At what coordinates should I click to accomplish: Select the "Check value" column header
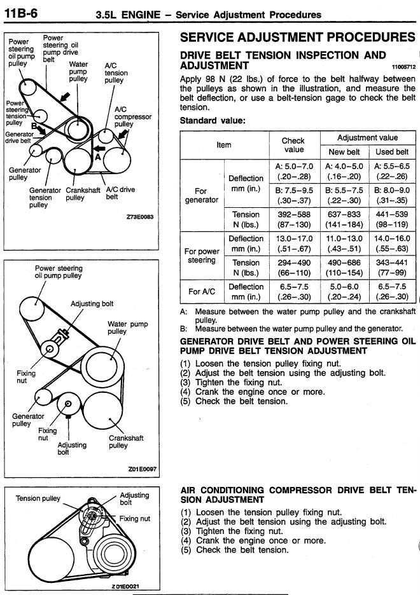[293, 145]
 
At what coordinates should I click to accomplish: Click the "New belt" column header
[344, 152]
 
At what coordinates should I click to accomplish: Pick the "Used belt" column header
[392, 152]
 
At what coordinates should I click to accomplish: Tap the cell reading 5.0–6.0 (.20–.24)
[344, 291]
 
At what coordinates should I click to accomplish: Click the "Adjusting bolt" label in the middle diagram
[92, 304]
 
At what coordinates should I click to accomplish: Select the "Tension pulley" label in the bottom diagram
[38, 498]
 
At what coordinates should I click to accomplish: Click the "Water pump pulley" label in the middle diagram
[127, 327]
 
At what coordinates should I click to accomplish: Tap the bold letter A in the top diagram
[97, 155]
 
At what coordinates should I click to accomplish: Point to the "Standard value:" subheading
[212, 120]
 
